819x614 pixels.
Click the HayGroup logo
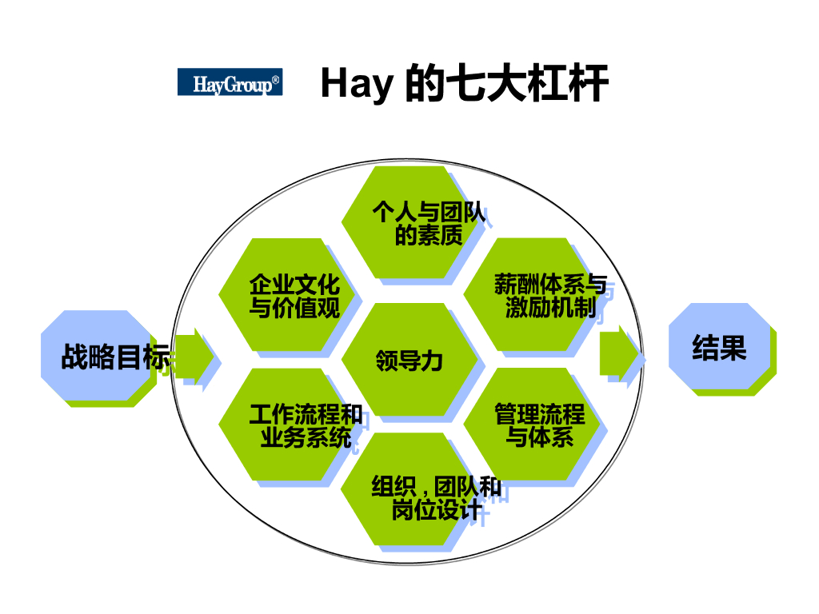[229, 82]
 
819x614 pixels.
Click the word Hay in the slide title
[357, 83]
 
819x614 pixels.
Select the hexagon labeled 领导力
[409, 360]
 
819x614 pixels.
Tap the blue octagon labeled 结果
[719, 348]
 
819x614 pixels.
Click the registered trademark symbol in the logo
[276, 80]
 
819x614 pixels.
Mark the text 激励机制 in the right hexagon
[550, 308]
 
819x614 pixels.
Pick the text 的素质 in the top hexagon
[429, 236]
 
